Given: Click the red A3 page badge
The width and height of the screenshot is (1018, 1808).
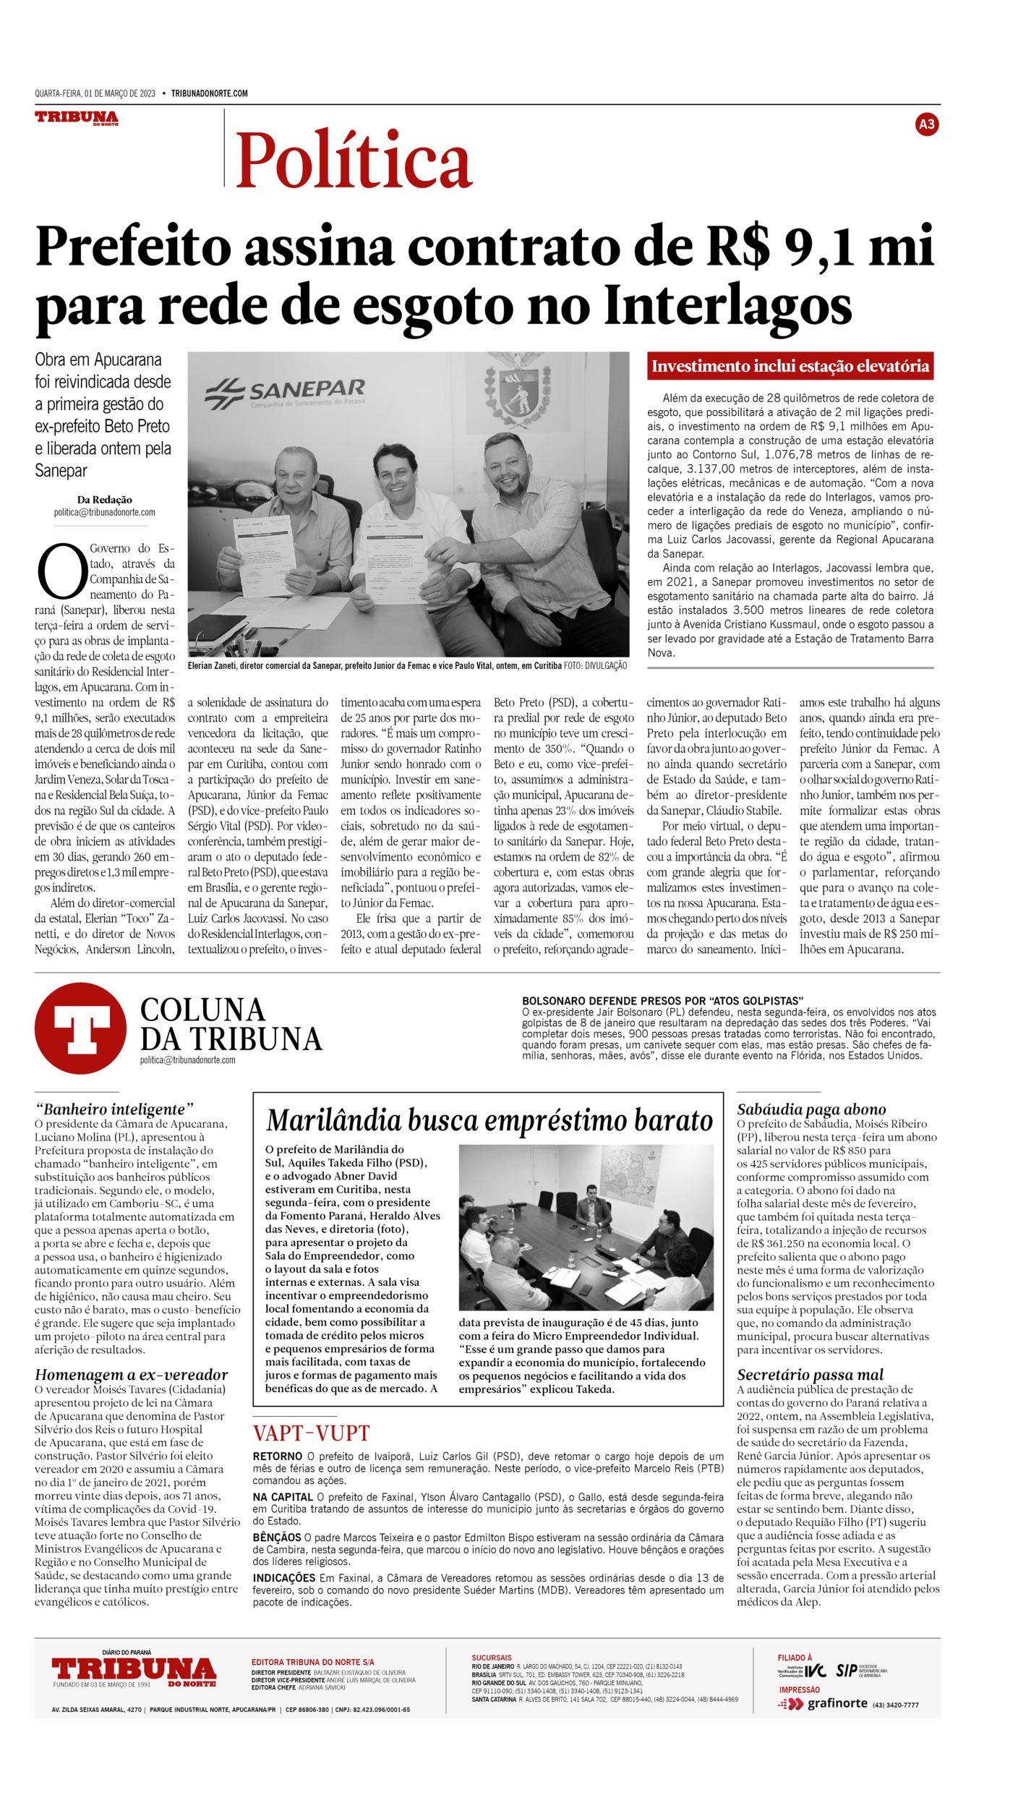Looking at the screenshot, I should (x=926, y=124).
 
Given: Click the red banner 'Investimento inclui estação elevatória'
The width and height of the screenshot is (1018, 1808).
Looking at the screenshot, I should (x=790, y=366).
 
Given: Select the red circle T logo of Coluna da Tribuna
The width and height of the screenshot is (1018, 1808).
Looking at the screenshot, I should (x=80, y=1028).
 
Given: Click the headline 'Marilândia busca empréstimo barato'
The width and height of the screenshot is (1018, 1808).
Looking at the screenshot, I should (x=489, y=1120).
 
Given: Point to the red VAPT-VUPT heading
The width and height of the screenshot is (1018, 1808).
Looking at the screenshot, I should (x=311, y=1433).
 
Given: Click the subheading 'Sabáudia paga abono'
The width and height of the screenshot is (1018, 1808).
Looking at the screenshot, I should (x=811, y=1109).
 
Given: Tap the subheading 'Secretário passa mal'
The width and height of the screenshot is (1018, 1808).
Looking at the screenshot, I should (x=810, y=1375).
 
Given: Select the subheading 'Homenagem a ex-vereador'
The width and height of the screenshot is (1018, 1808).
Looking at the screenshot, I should (x=131, y=1375).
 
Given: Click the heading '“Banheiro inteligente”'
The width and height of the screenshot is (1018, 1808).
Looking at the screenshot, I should (x=114, y=1109).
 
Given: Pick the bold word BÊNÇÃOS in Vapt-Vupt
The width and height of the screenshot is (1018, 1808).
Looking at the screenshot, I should (x=277, y=1538).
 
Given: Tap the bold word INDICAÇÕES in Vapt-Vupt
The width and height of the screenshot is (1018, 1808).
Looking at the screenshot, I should (x=284, y=1578).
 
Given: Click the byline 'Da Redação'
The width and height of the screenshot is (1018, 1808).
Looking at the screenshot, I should (x=105, y=500).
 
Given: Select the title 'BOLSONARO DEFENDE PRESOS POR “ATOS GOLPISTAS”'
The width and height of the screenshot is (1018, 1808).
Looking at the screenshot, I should (x=662, y=1001).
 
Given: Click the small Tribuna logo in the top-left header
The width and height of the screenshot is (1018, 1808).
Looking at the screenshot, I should (x=77, y=117).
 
